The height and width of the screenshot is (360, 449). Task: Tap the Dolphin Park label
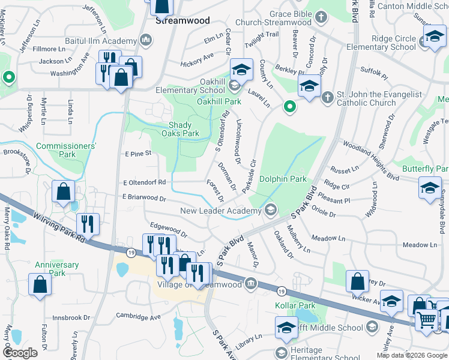pyautogui.click(x=283, y=179)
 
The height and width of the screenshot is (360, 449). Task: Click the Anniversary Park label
pyautogui.click(x=56, y=269)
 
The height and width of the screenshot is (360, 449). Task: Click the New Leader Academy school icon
pyautogui.click(x=270, y=210)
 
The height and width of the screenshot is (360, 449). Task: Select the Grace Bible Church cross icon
pyautogui.click(x=321, y=17)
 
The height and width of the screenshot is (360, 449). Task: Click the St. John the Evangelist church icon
pyautogui.click(x=327, y=97)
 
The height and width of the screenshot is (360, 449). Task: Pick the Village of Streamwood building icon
pyautogui.click(x=251, y=284)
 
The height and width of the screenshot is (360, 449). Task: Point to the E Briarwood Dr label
pyautogui.click(x=143, y=197)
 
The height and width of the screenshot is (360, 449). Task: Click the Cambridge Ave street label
pyautogui.click(x=139, y=317)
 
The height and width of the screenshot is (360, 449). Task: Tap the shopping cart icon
pyautogui.click(x=426, y=320)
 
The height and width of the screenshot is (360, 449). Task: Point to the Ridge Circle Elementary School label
pyautogui.click(x=394, y=43)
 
